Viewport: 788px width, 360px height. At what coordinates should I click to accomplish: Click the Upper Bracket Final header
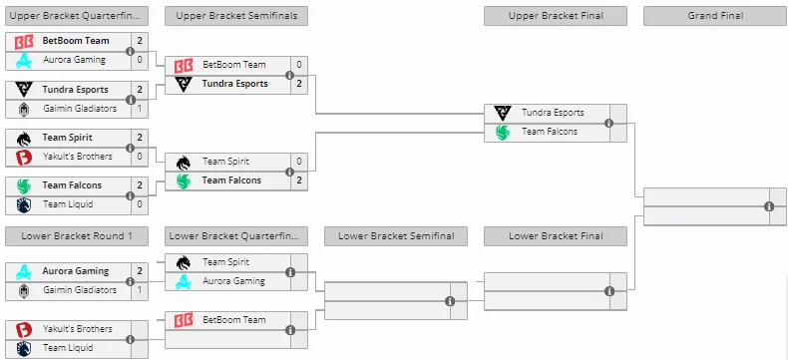[556, 16]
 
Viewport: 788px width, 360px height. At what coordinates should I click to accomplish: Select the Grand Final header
[715, 16]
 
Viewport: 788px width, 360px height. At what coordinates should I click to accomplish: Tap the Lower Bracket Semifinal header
[396, 236]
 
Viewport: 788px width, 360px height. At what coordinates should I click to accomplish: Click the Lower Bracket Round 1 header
[77, 236]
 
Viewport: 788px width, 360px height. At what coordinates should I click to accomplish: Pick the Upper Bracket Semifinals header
[236, 16]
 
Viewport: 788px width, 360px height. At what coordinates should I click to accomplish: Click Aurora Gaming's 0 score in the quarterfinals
[140, 60]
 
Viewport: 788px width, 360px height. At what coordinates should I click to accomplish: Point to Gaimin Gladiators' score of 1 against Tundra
[140, 109]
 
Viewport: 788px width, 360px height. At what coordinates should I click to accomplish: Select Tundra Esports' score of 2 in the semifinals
[299, 84]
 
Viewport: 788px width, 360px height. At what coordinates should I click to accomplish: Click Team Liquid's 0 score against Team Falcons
[140, 204]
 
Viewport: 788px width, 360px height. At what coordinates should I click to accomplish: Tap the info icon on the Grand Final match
[769, 206]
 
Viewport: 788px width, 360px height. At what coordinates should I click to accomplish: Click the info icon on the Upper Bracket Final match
[609, 123]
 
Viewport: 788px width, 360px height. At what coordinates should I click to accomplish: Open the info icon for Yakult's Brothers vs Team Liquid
[130, 339]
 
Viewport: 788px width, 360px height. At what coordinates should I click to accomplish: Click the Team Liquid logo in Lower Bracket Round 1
[24, 348]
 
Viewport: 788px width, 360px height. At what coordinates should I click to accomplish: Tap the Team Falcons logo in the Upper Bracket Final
[503, 132]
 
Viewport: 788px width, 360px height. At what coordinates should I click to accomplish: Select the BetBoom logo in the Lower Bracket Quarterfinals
[184, 320]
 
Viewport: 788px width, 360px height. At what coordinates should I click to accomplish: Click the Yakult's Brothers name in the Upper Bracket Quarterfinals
[78, 157]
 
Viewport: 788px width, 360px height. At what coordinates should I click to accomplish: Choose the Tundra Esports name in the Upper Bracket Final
[553, 113]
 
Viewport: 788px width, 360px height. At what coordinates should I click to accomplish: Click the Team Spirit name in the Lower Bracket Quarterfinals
[225, 262]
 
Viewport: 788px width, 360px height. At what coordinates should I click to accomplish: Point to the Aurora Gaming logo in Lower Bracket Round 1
[24, 271]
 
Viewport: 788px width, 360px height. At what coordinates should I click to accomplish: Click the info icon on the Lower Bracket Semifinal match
[450, 301]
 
